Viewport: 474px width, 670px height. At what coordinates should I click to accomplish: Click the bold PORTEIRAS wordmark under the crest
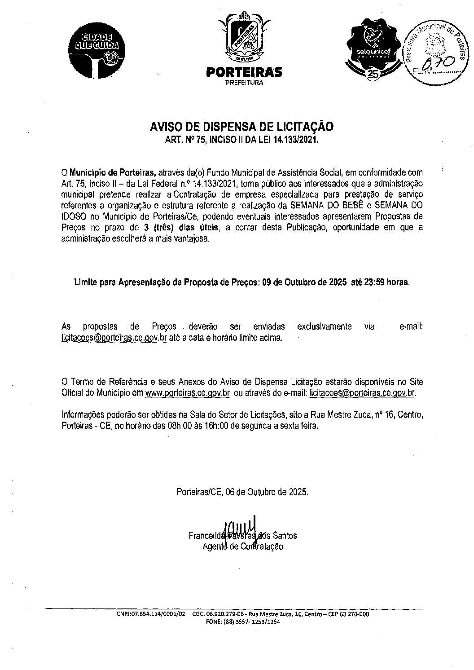point(244,72)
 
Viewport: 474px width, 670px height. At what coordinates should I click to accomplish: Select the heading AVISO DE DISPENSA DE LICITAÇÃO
point(241,127)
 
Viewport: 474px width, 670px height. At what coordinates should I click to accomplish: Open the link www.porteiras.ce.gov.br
point(188,392)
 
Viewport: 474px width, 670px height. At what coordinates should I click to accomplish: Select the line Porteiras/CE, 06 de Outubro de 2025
point(242,492)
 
